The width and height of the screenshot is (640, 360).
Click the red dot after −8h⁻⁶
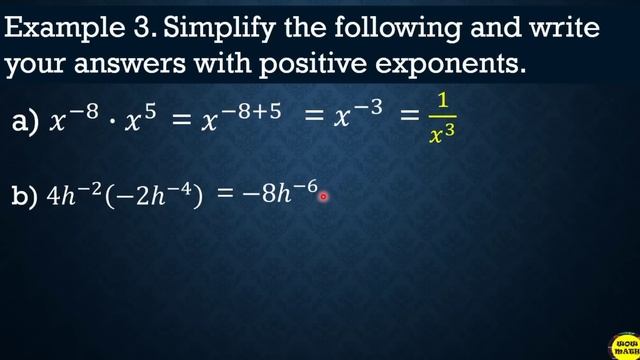coord(323,196)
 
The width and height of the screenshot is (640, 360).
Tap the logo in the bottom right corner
coord(623,344)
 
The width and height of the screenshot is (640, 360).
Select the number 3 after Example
coord(142,29)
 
